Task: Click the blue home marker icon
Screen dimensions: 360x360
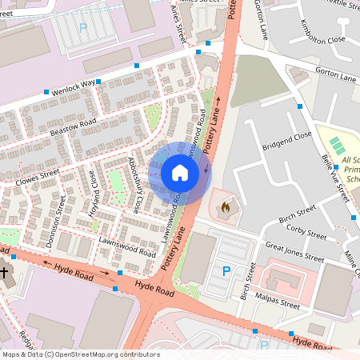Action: pyautogui.click(x=180, y=172)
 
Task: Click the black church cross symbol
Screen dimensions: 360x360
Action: pyautogui.click(x=4, y=274)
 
